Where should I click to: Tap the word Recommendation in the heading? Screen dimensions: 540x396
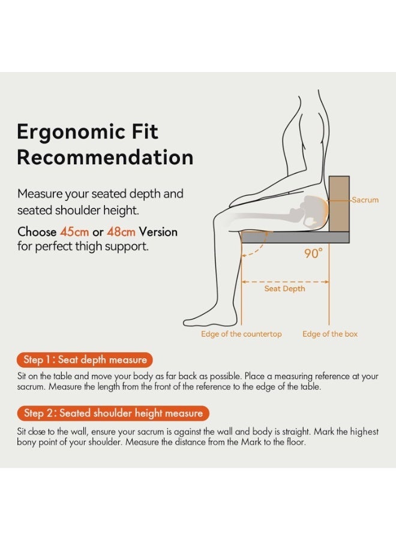point(105,157)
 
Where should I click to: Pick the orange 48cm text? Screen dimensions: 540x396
point(121,232)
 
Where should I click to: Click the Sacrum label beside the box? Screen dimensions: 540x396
point(365,200)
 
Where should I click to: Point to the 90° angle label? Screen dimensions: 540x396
point(313,254)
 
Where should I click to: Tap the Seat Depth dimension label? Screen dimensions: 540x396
point(284,289)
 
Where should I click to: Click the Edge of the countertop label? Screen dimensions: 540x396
point(241,334)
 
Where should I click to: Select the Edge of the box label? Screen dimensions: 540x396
point(330,334)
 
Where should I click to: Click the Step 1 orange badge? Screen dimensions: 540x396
point(85,360)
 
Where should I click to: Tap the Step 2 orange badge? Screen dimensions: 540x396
point(113,413)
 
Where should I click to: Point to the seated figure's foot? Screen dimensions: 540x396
point(207,316)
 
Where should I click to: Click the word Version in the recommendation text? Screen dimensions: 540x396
point(158,232)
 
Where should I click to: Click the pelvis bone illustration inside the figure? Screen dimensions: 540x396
point(312,210)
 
